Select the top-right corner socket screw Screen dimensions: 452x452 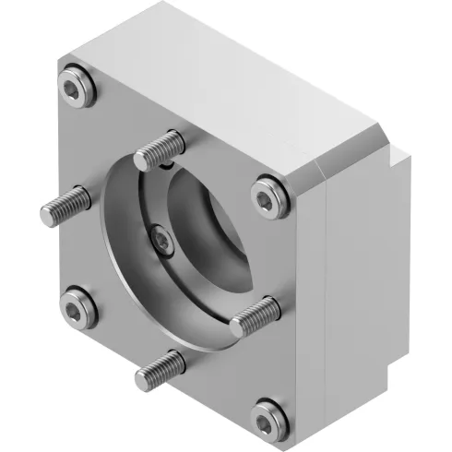(x=267, y=193)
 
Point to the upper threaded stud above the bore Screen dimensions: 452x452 (x=162, y=147)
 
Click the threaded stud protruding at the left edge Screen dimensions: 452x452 (x=65, y=206)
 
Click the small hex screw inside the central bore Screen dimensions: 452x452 (x=162, y=242)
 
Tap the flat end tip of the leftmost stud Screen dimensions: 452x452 (x=45, y=216)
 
